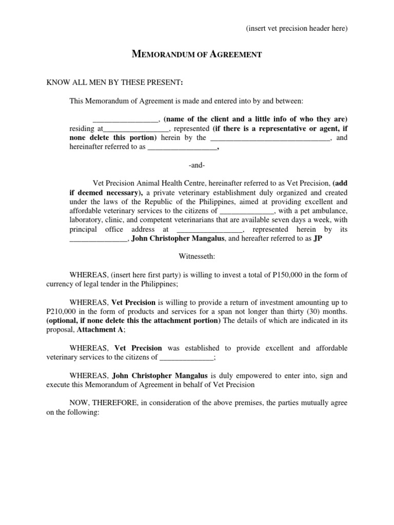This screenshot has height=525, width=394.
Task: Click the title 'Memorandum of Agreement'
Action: click(x=197, y=54)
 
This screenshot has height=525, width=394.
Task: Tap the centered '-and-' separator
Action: click(x=197, y=165)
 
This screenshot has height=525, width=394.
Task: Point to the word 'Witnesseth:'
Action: click(x=197, y=255)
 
